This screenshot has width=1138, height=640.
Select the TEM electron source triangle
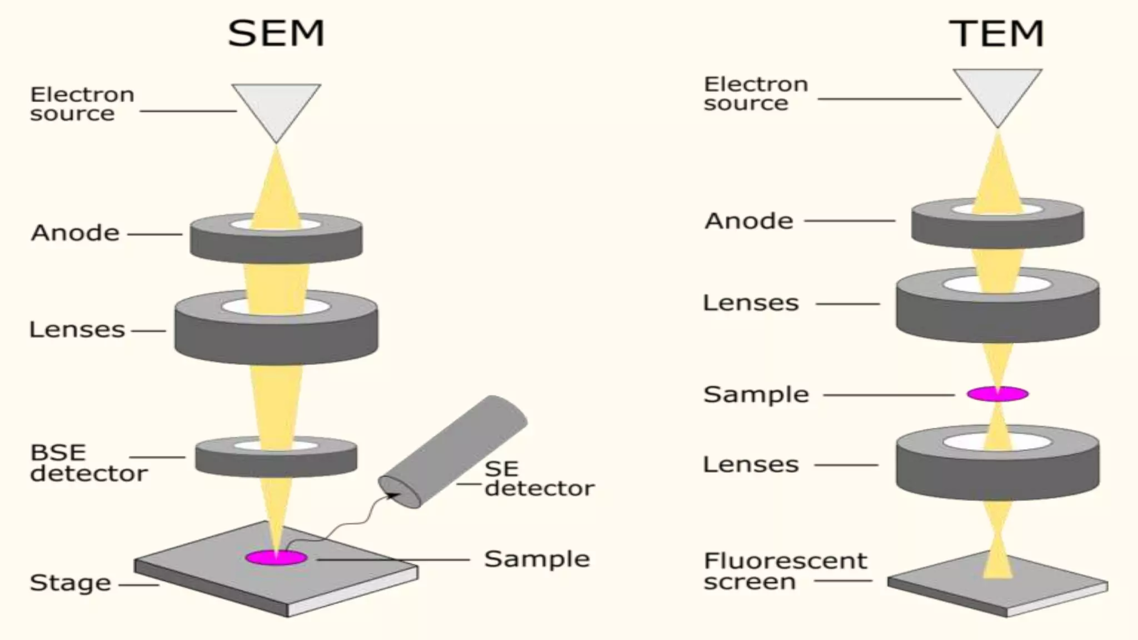coord(997,92)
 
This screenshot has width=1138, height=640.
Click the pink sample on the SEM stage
coord(276,557)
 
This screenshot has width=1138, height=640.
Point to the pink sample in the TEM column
coord(997,394)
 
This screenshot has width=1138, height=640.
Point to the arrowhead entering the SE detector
coord(396,494)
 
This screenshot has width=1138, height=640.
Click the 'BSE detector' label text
coord(88,463)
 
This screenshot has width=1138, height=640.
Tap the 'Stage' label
coord(70,583)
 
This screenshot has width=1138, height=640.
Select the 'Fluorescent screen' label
coord(785,571)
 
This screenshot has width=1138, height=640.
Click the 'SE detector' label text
coord(538,478)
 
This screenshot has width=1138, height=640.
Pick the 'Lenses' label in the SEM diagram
coord(77,329)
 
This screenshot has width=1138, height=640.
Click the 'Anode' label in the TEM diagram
coord(748,221)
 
